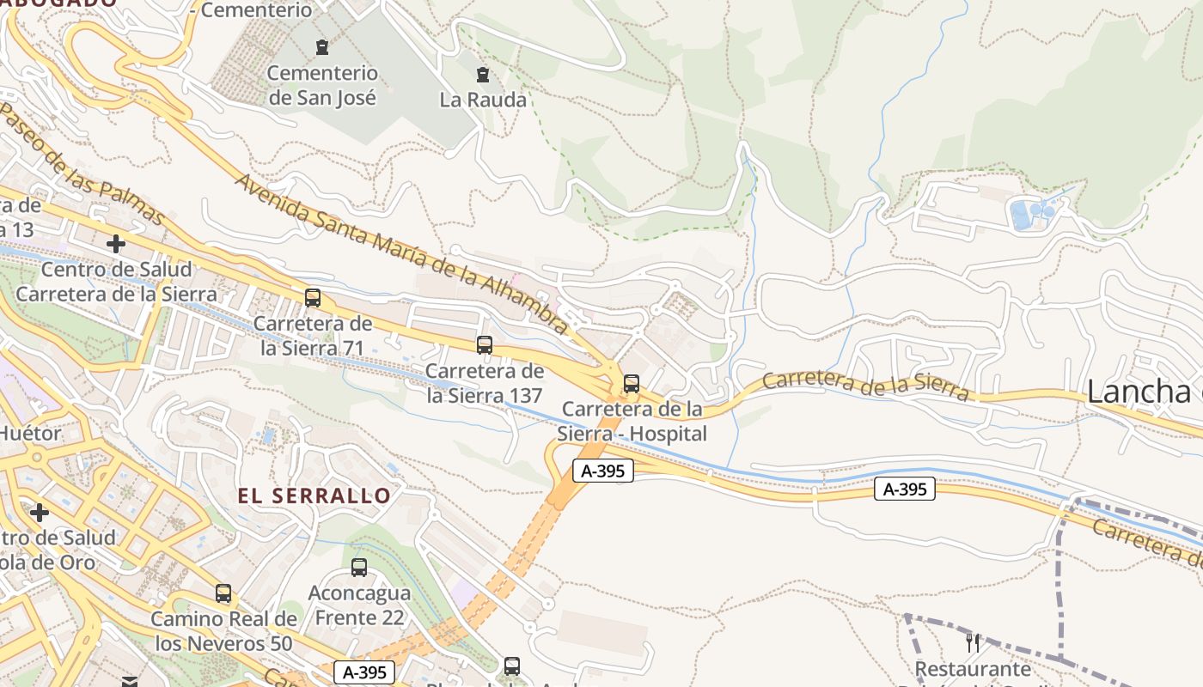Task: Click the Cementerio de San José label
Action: [x=322, y=86]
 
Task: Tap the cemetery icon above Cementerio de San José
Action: [x=322, y=47]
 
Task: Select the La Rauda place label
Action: [x=483, y=100]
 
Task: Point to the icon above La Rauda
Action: [x=483, y=75]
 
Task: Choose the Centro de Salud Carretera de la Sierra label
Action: [x=116, y=282]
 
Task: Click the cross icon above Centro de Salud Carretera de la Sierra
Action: [x=116, y=244]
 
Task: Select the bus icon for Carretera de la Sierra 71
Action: [x=313, y=298]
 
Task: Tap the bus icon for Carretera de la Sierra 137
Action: [x=485, y=345]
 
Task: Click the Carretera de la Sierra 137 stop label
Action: [x=485, y=383]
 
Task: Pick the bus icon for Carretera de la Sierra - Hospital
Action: [x=632, y=384]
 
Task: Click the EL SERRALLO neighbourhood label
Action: [x=314, y=495]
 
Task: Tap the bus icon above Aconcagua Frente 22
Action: [x=359, y=568]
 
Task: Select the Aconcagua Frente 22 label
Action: [x=359, y=605]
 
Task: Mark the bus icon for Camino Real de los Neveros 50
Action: [x=223, y=593]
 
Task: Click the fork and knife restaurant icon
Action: [x=973, y=642]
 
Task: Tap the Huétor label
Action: [x=31, y=433]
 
